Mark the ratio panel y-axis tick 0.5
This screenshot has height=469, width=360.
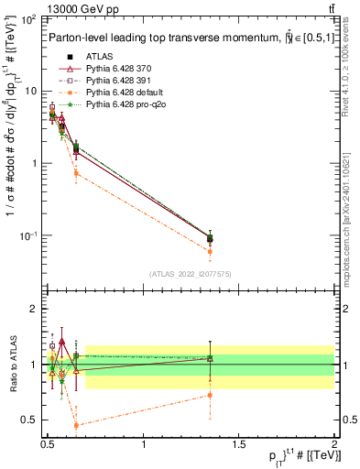pos(32,420)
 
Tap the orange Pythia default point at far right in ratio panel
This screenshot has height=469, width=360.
pos(210,396)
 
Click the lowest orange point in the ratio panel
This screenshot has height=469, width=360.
pos(76,425)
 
